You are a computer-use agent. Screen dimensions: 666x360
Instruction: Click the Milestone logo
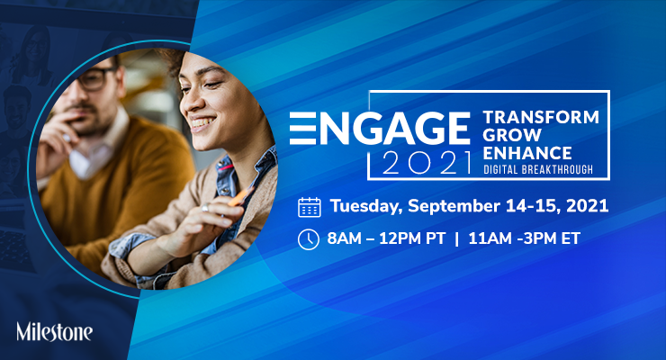(x=54, y=331)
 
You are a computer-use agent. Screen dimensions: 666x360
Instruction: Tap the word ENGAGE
(x=380, y=128)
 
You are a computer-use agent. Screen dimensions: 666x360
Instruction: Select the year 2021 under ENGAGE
(x=427, y=163)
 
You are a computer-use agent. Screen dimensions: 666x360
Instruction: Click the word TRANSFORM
(x=541, y=117)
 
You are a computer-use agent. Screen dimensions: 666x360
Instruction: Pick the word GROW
(x=512, y=135)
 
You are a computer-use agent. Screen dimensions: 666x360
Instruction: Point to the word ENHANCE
(x=527, y=153)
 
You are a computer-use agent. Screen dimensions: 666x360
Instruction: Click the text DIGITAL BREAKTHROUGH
(x=538, y=170)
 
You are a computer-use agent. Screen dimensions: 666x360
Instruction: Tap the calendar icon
(x=310, y=207)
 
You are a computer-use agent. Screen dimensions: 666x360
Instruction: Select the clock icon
(x=309, y=239)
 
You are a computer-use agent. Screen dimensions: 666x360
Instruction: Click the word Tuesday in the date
(x=366, y=206)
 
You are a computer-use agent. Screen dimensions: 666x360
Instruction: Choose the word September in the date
(x=454, y=206)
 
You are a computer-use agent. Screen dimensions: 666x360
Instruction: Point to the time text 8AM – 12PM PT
(x=386, y=238)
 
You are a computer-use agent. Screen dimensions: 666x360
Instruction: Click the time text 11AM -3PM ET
(x=524, y=238)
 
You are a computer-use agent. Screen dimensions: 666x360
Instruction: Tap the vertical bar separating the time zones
(x=456, y=238)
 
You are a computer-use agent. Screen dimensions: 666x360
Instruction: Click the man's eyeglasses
(x=93, y=79)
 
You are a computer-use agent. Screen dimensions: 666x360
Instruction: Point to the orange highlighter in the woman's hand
(x=240, y=195)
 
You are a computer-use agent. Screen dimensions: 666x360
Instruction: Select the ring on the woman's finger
(x=205, y=208)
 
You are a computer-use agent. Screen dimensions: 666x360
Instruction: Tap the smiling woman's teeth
(x=202, y=123)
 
